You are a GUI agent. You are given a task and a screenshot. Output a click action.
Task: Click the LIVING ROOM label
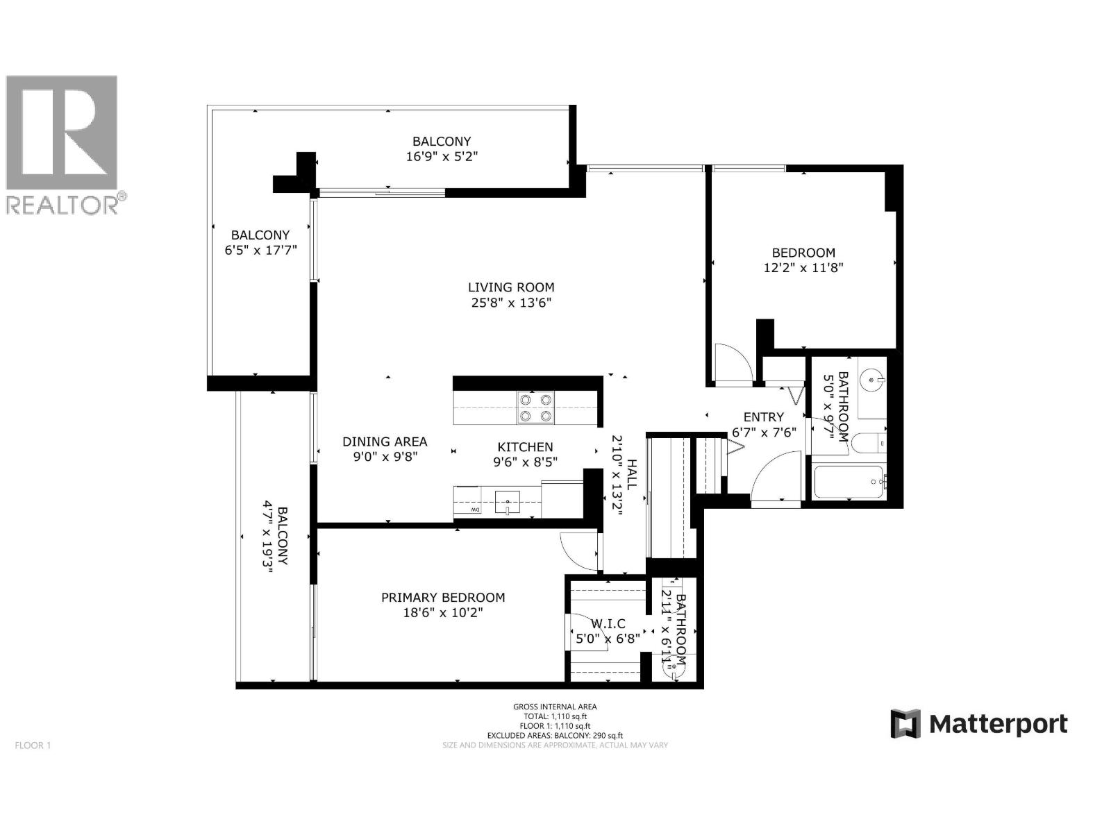pos(510,287)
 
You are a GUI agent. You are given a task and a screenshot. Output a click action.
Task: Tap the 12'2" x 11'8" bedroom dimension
pos(803,267)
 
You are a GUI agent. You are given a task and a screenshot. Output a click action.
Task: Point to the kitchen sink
pos(508,501)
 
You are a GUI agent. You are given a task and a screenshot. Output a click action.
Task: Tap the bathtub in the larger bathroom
pos(848,482)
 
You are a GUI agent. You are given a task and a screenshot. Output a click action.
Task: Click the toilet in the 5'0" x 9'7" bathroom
pos(867,441)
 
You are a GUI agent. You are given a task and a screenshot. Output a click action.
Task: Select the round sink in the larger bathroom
pos(871,379)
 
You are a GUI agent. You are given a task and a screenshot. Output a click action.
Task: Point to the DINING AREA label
pos(385,441)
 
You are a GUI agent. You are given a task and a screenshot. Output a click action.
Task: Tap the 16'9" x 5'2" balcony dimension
pos(442,156)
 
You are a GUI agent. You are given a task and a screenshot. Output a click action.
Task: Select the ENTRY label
pos(763,416)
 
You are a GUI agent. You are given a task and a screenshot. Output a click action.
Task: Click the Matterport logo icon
pos(905,723)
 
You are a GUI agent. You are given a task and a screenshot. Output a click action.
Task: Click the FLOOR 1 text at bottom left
pos(33,746)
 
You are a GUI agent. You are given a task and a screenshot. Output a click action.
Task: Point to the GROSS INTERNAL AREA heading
pos(555,707)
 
